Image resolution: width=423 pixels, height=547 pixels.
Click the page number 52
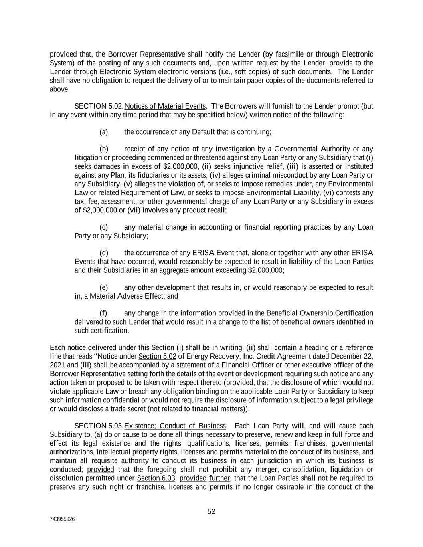tap(211, 511)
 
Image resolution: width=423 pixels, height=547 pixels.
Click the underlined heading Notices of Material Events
tap(165, 106)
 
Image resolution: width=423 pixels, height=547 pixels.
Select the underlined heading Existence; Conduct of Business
tap(175, 426)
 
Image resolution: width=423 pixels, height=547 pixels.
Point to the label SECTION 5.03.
tap(99, 426)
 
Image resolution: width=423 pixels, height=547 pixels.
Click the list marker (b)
tap(104, 149)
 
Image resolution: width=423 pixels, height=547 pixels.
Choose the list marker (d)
tap(104, 253)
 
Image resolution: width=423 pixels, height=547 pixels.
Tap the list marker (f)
tap(103, 313)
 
